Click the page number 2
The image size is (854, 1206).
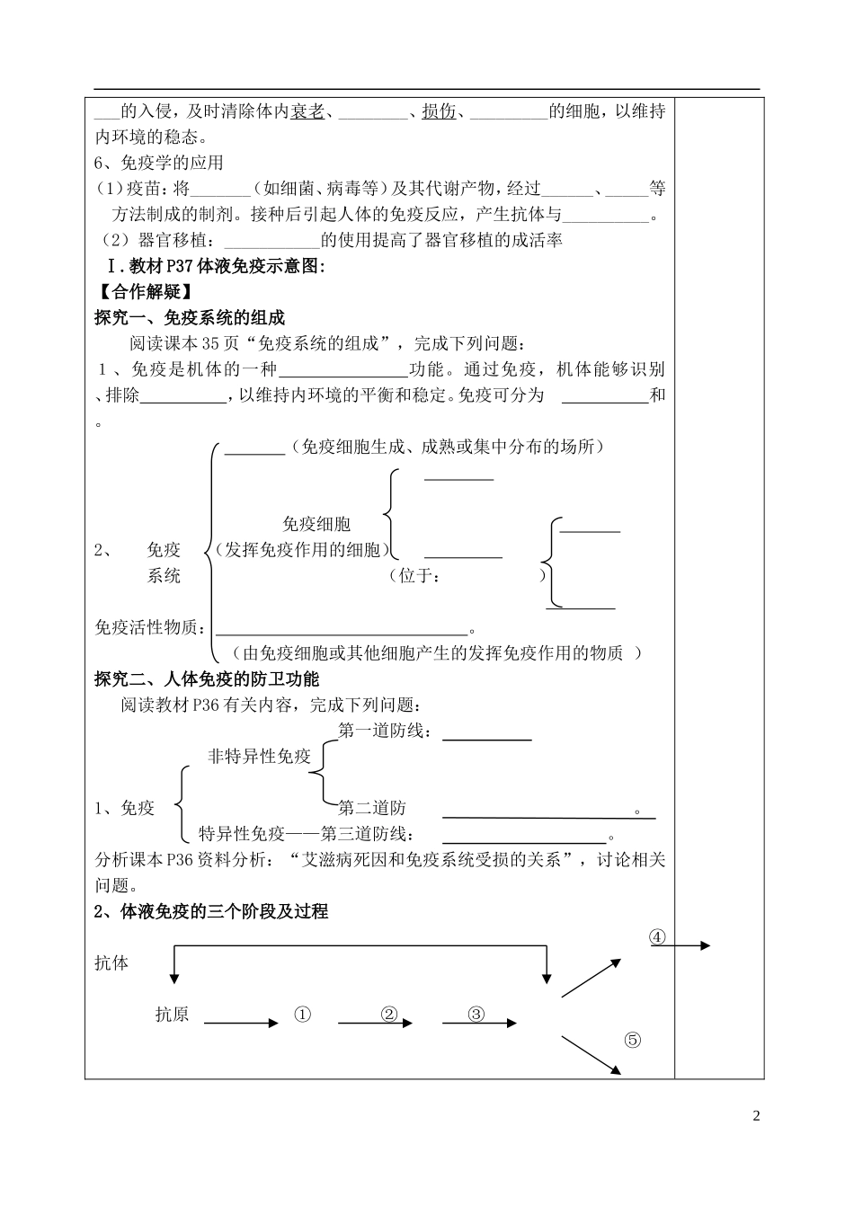(756, 1116)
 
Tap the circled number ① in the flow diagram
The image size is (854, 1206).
(302, 1015)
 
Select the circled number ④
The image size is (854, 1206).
(657, 936)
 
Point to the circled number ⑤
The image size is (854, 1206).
(632, 1040)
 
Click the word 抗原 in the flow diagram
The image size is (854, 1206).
(172, 1015)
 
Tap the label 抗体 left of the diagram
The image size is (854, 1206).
(111, 962)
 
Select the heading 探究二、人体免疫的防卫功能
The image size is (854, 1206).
(207, 678)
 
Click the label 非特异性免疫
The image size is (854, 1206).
(259, 756)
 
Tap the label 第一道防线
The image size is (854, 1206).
(384, 731)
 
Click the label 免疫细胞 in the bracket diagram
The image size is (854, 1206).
(316, 524)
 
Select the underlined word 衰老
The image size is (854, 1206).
(307, 111)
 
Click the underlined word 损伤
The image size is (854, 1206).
(439, 111)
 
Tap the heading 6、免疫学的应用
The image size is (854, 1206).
(159, 163)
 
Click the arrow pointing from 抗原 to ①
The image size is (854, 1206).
(241, 1023)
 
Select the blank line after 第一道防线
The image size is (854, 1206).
(487, 739)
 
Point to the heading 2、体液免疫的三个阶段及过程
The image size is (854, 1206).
(211, 911)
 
